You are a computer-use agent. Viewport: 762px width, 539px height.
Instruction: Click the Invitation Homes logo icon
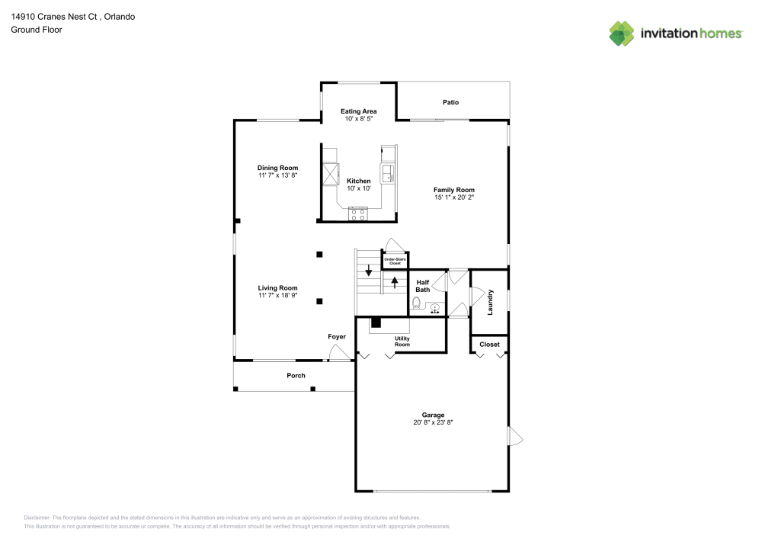(x=622, y=34)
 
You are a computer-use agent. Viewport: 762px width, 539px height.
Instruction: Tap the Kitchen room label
(x=358, y=181)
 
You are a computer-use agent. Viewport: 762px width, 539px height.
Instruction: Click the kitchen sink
(x=388, y=173)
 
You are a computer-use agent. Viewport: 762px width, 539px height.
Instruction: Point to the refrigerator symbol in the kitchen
(x=331, y=174)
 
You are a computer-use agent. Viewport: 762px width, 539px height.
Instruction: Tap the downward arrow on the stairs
(x=369, y=271)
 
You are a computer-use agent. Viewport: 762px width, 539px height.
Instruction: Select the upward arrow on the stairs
(x=395, y=281)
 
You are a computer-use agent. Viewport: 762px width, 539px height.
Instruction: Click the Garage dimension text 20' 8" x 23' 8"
(x=433, y=422)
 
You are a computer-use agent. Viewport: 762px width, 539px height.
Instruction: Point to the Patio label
(x=451, y=102)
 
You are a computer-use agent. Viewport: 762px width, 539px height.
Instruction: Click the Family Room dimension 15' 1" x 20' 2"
(x=454, y=197)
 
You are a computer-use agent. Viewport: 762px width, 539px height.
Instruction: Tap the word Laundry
(x=490, y=302)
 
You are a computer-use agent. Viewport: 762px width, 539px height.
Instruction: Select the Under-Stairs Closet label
(x=395, y=261)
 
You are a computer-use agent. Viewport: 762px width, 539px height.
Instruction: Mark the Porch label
(x=296, y=375)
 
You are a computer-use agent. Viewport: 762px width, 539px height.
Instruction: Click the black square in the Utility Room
(x=376, y=322)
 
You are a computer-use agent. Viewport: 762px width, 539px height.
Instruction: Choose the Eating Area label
(x=358, y=111)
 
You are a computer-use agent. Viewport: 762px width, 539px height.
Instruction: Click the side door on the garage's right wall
(x=515, y=436)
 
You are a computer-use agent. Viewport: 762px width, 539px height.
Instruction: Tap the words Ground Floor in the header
(x=37, y=30)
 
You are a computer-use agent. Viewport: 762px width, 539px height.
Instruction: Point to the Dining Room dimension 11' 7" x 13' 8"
(x=277, y=175)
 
